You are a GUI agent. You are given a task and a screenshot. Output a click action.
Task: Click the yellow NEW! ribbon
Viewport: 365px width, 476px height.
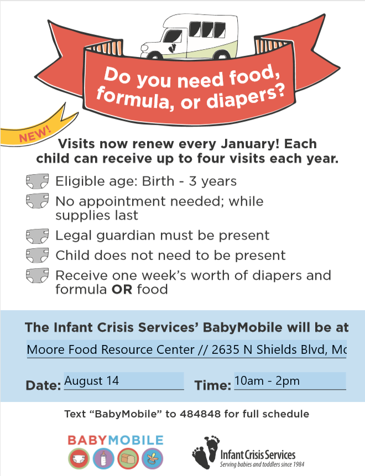(x=36, y=129)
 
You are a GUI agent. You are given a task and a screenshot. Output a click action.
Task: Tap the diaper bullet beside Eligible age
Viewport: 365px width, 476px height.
(x=38, y=181)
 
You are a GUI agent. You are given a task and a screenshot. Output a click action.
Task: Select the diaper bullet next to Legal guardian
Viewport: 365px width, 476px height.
(x=38, y=236)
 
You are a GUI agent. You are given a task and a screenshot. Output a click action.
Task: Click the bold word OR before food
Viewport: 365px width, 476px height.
(x=122, y=289)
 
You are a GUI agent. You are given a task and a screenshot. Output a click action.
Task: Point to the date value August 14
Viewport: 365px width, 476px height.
(x=91, y=381)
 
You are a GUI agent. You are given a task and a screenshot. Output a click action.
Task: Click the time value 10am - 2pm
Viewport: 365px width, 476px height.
(x=267, y=381)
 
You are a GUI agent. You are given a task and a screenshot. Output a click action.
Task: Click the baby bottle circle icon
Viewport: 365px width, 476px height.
(x=103, y=458)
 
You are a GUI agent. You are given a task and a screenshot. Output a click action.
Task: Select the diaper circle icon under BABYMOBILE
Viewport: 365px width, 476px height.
(x=79, y=458)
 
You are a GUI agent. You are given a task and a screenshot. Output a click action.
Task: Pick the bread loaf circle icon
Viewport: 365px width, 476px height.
(x=128, y=458)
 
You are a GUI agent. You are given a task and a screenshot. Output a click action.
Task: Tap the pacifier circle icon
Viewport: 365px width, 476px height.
(x=153, y=458)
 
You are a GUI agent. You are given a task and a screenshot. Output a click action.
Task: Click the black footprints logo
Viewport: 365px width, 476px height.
(x=206, y=452)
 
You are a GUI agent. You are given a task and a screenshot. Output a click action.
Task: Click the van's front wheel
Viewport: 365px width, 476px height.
(x=154, y=56)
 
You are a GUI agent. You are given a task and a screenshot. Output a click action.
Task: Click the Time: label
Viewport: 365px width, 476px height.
(x=212, y=385)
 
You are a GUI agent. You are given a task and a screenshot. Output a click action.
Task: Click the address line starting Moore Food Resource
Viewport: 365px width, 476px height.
(x=186, y=350)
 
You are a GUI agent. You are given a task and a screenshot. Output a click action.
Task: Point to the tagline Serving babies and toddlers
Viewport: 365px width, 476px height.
(x=262, y=464)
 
